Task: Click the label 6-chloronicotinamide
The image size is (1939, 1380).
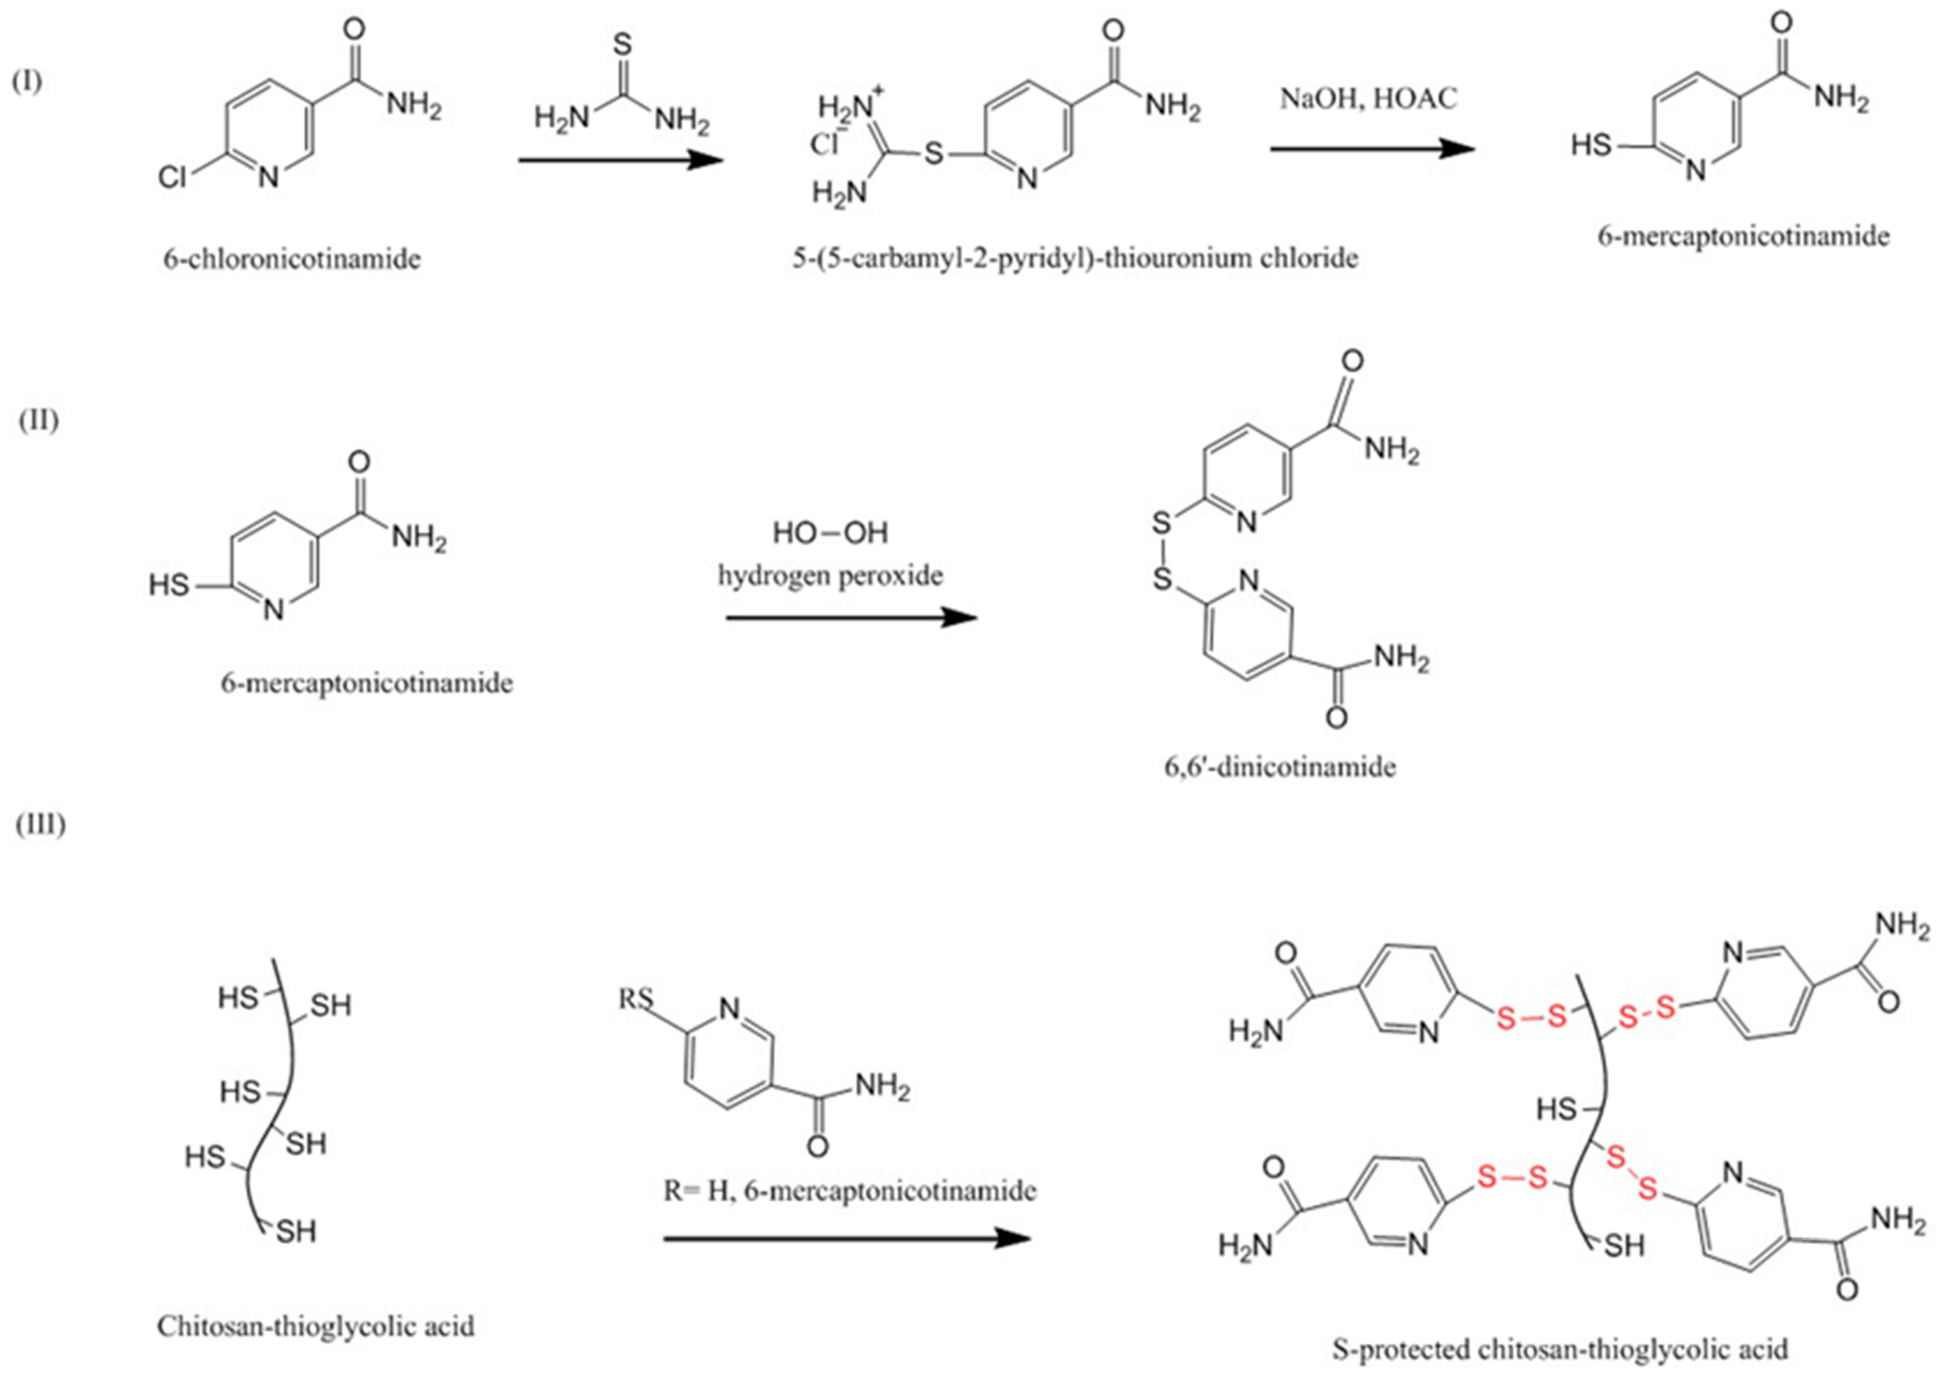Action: pyautogui.click(x=292, y=258)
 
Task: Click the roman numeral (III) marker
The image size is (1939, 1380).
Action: pyautogui.click(x=40, y=824)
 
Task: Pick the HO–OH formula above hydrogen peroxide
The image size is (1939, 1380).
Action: pyautogui.click(x=830, y=533)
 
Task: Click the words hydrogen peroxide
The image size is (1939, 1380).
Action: pyautogui.click(x=830, y=576)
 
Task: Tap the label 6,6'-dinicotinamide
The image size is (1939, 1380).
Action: pyautogui.click(x=1279, y=767)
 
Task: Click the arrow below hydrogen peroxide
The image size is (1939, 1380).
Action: pyautogui.click(x=851, y=618)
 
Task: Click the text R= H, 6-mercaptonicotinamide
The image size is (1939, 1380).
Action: pyautogui.click(x=849, y=1191)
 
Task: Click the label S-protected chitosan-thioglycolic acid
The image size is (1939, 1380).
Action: pyautogui.click(x=1560, y=1348)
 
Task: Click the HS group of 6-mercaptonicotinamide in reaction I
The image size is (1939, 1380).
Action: pyautogui.click(x=1590, y=146)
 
